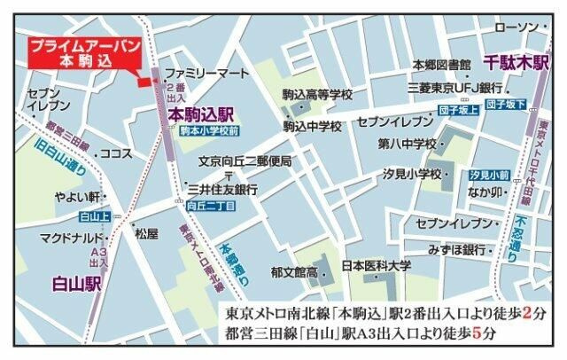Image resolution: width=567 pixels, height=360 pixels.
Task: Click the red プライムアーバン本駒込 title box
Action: pos(81,55)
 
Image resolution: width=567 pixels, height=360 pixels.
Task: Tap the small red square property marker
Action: pos(142,82)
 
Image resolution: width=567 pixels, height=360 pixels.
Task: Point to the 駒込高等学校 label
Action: pos(318,95)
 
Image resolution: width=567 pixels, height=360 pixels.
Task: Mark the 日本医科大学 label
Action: pos(377,265)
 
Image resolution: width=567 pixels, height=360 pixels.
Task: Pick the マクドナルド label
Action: pos(74,238)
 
